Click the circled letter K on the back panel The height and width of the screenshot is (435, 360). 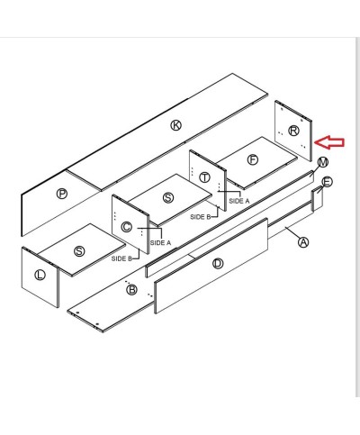click(175, 125)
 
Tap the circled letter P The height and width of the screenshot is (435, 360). click(62, 193)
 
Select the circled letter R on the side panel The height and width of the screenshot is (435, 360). click(292, 131)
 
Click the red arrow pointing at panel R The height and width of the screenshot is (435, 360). click(334, 141)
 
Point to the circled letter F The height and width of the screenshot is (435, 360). click(252, 159)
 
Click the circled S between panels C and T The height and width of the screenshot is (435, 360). click(168, 197)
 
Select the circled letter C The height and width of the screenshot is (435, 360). click(127, 226)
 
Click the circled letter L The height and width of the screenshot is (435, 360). click(39, 275)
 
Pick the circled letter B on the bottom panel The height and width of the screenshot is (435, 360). click(131, 289)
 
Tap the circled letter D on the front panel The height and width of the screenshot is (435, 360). click(217, 264)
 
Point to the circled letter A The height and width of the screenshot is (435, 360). click(302, 240)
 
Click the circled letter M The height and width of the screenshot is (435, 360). click(322, 161)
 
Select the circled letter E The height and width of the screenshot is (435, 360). click(327, 182)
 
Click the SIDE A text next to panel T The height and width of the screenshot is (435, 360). click(239, 201)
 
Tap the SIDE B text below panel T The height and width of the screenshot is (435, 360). click(200, 217)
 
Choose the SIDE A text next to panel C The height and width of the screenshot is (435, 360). click(160, 242)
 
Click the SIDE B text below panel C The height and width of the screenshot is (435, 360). click(121, 258)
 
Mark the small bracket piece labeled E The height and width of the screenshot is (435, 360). click(317, 198)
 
